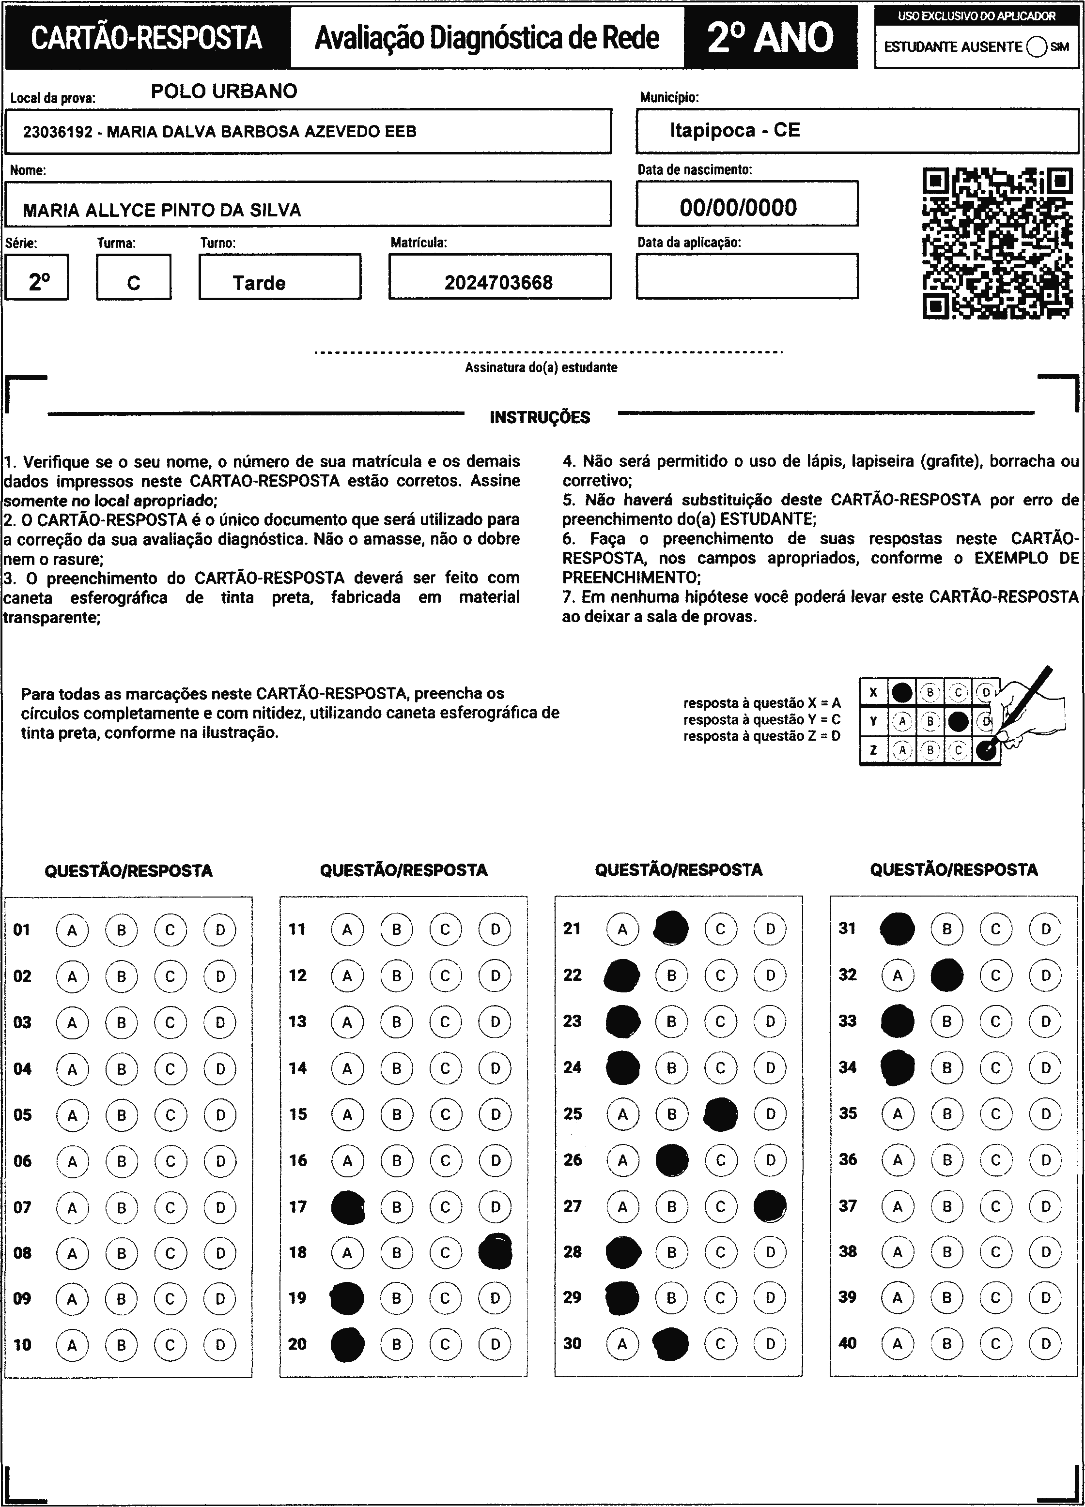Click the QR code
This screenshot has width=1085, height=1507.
tap(997, 243)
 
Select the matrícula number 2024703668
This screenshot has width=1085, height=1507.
tap(498, 282)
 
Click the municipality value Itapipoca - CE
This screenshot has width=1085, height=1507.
tap(735, 130)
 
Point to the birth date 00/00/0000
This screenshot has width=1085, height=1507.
tap(738, 207)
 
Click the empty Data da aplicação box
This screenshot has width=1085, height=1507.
tap(746, 276)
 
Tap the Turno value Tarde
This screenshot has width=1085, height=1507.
tap(259, 283)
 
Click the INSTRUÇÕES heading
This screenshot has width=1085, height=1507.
tap(540, 417)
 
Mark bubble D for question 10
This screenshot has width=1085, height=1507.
tap(220, 1345)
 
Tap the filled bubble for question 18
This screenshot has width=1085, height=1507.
tap(496, 1252)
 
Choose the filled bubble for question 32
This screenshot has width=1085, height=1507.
tap(947, 975)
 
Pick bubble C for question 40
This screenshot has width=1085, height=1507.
tap(996, 1343)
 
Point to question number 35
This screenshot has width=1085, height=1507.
tap(848, 1113)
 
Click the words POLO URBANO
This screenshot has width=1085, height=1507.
tap(224, 91)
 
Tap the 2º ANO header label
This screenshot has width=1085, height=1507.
tap(770, 38)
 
